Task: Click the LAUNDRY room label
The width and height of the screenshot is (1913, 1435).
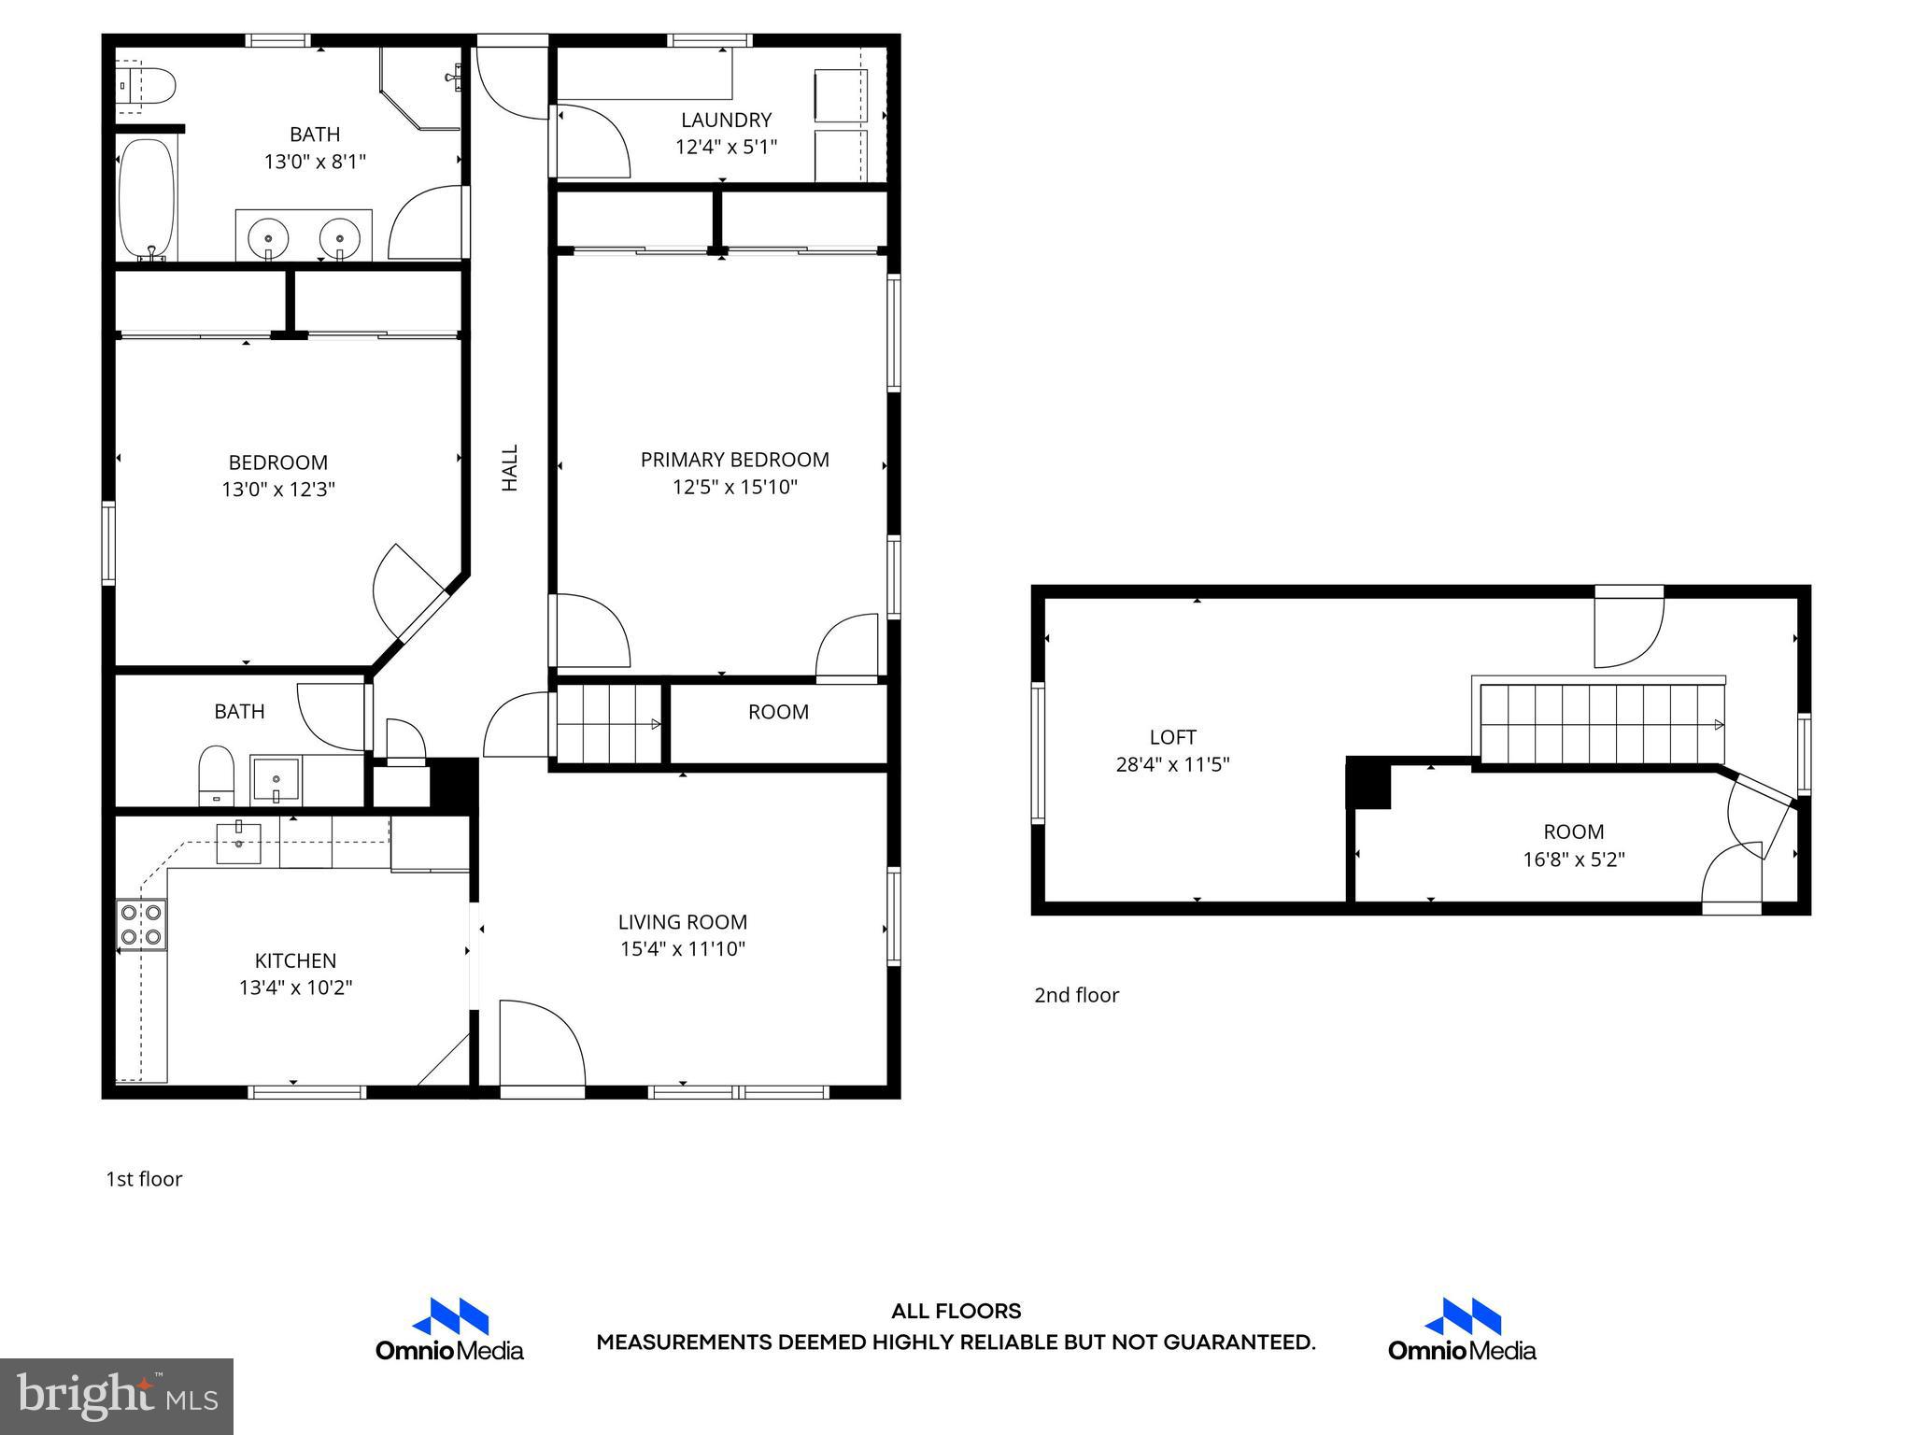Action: [726, 121]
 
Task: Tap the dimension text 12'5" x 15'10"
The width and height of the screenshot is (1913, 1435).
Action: [734, 487]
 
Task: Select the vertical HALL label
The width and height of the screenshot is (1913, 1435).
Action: [510, 467]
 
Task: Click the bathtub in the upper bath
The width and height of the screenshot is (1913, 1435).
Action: [148, 199]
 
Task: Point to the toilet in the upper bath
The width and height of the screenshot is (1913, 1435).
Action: [149, 85]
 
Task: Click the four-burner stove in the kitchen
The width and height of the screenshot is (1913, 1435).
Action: [142, 924]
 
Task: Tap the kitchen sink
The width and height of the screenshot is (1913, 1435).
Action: [238, 843]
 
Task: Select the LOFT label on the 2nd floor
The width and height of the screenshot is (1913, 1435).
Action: [1172, 737]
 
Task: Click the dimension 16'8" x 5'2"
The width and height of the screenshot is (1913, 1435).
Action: [1574, 860]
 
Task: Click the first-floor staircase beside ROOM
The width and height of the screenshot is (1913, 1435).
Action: [608, 724]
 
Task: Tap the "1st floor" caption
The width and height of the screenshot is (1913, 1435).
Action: [144, 1179]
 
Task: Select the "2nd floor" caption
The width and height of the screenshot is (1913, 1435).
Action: [1076, 995]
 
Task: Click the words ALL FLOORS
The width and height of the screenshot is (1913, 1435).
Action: [956, 1312]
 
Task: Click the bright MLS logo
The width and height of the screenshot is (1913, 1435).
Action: [116, 1396]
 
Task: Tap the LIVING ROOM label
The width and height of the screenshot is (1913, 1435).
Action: [682, 922]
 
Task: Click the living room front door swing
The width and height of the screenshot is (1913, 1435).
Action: [542, 1042]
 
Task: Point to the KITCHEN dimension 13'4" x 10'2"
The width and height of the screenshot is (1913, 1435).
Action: [295, 987]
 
